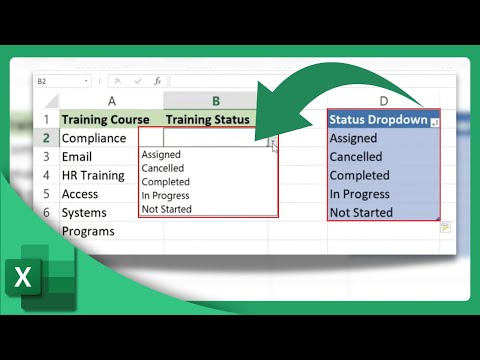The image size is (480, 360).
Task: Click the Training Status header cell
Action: (x=206, y=119)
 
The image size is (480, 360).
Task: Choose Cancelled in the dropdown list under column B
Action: (x=164, y=168)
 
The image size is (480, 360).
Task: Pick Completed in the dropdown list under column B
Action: (x=165, y=182)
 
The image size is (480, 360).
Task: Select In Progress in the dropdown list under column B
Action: (x=166, y=196)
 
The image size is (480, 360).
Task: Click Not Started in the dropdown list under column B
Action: (x=166, y=209)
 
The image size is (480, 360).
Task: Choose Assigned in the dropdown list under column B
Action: (x=161, y=155)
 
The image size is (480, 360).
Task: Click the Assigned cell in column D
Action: (x=353, y=139)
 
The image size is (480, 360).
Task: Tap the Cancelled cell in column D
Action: (x=356, y=157)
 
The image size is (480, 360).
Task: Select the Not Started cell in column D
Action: (x=361, y=212)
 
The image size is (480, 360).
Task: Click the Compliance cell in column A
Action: (x=94, y=138)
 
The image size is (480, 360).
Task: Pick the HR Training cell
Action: (x=93, y=175)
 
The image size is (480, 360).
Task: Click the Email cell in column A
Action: (x=77, y=157)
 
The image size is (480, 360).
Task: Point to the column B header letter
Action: (x=215, y=100)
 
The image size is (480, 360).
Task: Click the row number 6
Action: (x=46, y=212)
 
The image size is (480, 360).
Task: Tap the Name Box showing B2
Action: (x=60, y=80)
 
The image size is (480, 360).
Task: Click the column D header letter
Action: (x=383, y=100)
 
